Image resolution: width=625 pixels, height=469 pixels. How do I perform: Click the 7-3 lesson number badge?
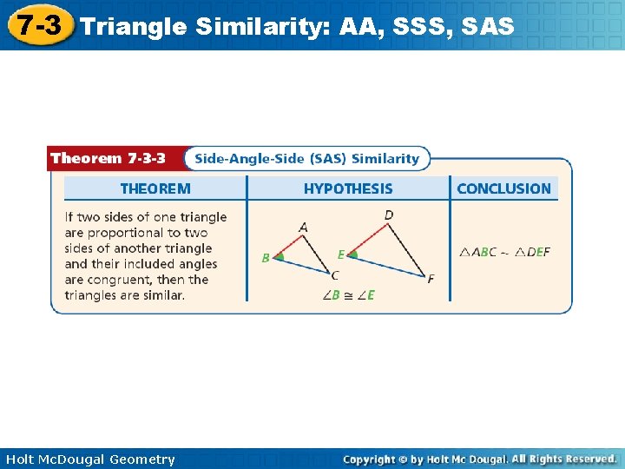[40, 25]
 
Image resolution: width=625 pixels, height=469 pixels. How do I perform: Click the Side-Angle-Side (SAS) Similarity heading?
[306, 158]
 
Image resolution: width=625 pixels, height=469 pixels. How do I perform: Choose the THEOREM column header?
[155, 188]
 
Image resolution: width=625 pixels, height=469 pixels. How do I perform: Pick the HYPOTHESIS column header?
[348, 188]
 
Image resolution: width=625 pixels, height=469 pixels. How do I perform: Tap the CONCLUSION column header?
[503, 188]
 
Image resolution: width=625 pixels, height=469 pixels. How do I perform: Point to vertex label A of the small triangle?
[303, 228]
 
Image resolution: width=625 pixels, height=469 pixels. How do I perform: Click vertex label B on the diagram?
[266, 258]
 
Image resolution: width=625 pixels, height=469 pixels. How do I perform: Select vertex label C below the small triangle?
[335, 275]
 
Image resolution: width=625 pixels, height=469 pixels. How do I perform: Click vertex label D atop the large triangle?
[388, 215]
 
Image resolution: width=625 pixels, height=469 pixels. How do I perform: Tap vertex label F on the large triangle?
[431, 279]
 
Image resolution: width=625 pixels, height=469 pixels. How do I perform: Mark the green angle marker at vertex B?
[279, 257]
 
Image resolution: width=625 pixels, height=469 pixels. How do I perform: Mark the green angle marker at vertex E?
[353, 255]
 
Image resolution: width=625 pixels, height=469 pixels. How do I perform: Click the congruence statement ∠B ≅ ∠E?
[348, 295]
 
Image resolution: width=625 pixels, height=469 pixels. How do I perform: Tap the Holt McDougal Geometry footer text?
[90, 459]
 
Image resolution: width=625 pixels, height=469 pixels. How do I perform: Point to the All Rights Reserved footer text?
[563, 459]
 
